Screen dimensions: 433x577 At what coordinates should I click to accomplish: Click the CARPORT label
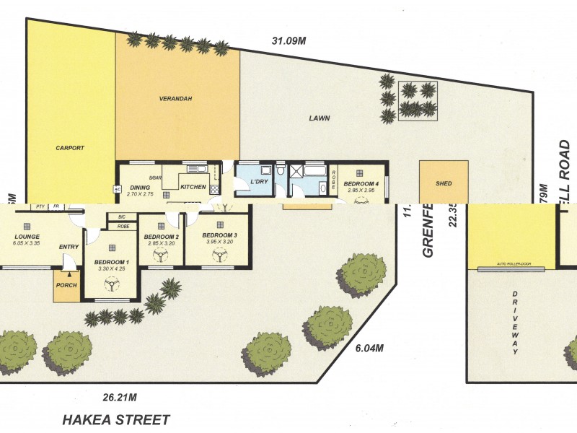[x=70, y=148]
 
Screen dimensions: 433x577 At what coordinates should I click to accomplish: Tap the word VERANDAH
[x=175, y=97]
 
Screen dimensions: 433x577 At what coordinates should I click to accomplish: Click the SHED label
[x=444, y=183]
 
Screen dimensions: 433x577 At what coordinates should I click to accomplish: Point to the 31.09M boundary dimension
[x=289, y=40]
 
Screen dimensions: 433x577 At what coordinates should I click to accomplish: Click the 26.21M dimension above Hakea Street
[x=120, y=397]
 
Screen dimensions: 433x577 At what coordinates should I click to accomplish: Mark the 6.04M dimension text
[x=369, y=348]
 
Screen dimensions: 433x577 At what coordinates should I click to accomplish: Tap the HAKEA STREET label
[x=116, y=419]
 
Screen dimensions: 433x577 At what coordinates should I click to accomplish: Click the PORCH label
[x=66, y=285]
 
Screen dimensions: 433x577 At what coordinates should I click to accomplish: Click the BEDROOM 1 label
[x=112, y=262]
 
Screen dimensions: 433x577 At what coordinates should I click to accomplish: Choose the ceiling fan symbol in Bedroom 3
[x=219, y=254]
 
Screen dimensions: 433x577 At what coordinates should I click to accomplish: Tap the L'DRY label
[x=259, y=182]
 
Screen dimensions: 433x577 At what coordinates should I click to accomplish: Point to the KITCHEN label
[x=193, y=188]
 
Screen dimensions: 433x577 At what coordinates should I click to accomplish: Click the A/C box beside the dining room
[x=116, y=189]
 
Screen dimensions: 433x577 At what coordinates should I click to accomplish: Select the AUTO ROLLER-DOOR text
[x=514, y=265]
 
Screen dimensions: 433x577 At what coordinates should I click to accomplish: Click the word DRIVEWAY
[x=515, y=323]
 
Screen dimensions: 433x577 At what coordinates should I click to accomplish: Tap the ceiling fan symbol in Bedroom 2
[x=161, y=255]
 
